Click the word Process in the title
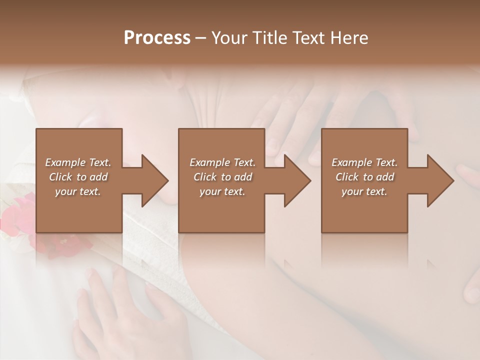point(157,38)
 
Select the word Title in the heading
point(268,38)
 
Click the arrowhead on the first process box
point(152,180)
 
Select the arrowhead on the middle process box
point(295,180)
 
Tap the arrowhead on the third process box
point(438,180)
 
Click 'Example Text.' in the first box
point(78,162)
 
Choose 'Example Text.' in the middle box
point(222,162)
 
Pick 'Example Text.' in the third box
point(364,162)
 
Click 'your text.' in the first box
point(78,191)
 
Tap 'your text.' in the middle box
point(222,191)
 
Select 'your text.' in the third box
point(364,191)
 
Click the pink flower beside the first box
point(17,212)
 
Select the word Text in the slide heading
point(305,38)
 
